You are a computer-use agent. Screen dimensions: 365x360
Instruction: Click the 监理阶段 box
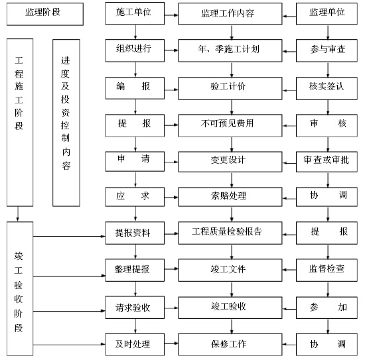coord(45,14)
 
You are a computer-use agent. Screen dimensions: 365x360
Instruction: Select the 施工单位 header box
coord(135,13)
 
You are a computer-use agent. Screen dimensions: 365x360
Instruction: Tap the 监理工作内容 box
coord(230,14)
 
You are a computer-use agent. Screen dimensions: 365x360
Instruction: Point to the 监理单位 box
coord(327,14)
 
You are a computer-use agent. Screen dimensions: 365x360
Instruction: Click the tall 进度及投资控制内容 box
coord(66,123)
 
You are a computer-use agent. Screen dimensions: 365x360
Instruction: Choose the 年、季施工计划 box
coord(230,50)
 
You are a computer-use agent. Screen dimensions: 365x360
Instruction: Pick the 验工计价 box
coord(230,88)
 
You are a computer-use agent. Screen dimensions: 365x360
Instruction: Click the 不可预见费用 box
coord(230,125)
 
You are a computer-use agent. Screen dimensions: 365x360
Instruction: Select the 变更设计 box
coord(230,162)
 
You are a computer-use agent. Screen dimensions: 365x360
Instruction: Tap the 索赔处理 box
coord(230,197)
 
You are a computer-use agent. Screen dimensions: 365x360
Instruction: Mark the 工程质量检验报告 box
coord(230,233)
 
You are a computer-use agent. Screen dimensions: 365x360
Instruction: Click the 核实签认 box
coord(327,88)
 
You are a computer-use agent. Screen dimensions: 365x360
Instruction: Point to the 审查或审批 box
coord(327,162)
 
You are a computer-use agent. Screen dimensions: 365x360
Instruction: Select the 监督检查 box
coord(327,270)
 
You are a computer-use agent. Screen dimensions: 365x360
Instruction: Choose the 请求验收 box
coord(135,308)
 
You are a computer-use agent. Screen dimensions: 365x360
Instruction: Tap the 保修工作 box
coord(230,344)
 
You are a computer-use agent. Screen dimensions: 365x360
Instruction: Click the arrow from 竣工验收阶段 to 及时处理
coord(69,344)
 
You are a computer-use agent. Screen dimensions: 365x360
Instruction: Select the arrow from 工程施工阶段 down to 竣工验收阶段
coord(18,214)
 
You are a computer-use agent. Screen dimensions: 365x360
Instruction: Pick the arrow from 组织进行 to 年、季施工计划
coord(171,50)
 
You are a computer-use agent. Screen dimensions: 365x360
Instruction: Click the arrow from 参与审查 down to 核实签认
coord(328,70)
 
